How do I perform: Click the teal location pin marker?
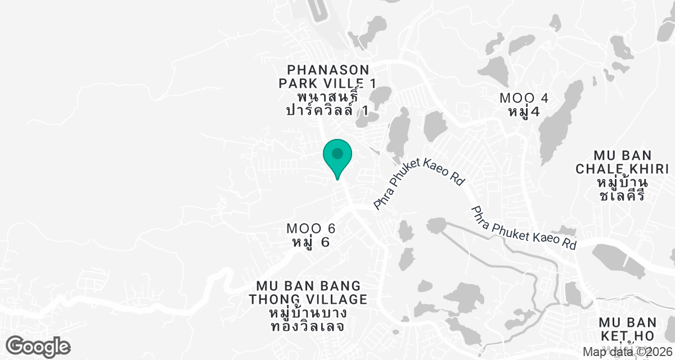pyautogui.click(x=337, y=158)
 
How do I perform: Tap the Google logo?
pyautogui.click(x=38, y=346)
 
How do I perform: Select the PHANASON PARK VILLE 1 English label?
pyautogui.click(x=328, y=76)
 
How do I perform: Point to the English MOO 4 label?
pyautogui.click(x=524, y=98)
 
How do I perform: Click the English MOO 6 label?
pyautogui.click(x=311, y=229)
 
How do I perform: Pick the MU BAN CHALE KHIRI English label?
pyautogui.click(x=622, y=162)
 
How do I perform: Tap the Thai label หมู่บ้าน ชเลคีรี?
pyautogui.click(x=622, y=190)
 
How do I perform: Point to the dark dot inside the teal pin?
pyautogui.click(x=337, y=153)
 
